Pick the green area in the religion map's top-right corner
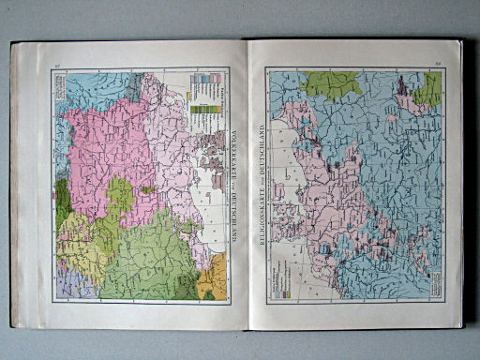click(429, 89)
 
